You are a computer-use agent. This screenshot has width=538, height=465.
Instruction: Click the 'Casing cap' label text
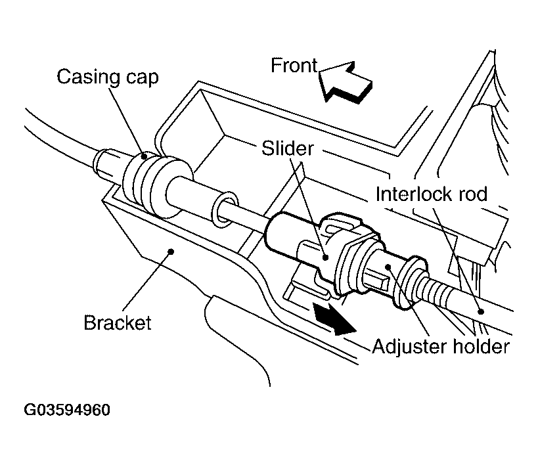108,77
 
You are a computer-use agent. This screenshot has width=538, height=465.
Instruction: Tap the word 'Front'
294,66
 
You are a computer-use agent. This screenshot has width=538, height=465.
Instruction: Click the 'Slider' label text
287,149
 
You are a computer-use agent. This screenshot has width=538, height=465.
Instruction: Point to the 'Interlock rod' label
432,194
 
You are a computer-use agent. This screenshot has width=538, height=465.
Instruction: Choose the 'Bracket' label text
118,323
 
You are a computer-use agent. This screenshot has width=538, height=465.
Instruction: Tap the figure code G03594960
67,410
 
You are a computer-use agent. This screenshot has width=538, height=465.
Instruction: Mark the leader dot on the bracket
171,250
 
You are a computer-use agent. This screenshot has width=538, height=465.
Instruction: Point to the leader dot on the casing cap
143,158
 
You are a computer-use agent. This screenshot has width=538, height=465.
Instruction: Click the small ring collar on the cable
223,206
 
